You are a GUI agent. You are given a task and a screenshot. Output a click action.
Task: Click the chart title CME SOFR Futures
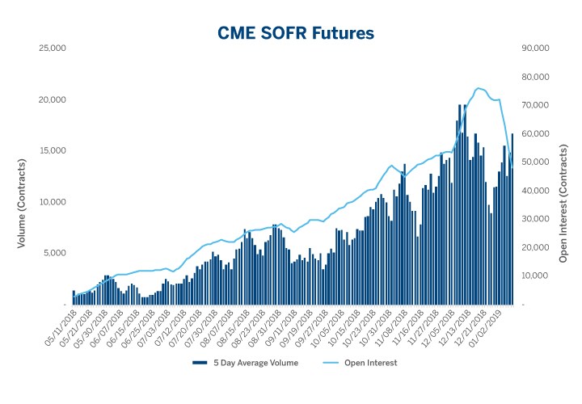click(296, 33)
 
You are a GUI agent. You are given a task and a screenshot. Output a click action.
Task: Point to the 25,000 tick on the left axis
click(52, 48)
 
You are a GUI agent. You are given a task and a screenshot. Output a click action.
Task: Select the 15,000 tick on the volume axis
click(52, 150)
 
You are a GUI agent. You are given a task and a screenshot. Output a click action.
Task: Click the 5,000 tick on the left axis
click(53, 253)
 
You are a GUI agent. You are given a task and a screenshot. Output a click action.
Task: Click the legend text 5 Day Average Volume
click(256, 363)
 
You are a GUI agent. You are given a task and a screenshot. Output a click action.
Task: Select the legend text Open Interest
click(373, 363)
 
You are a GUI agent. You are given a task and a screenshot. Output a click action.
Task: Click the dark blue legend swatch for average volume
click(201, 363)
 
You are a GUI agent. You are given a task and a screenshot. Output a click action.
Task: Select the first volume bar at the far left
click(74, 297)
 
